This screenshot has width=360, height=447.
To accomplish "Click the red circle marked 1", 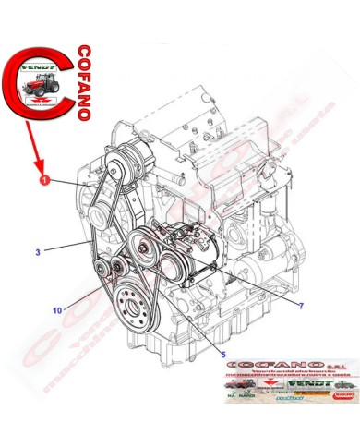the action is [x=43, y=183].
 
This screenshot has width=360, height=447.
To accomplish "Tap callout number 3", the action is [x=37, y=250].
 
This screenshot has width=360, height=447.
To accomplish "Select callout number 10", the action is [x=57, y=310].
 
